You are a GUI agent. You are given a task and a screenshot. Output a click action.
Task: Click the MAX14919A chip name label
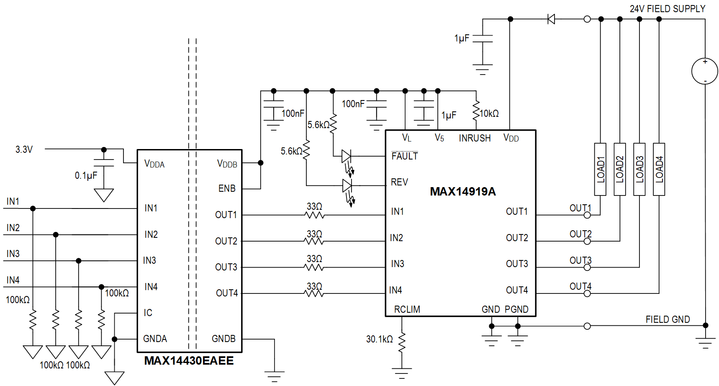[x=462, y=192]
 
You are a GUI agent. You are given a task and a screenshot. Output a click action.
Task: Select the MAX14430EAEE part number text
[x=189, y=361]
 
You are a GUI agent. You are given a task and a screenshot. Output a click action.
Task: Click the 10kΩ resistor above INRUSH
[x=476, y=111]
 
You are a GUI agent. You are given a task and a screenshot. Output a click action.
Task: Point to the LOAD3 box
[x=639, y=169]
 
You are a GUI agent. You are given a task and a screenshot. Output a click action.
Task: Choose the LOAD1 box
[x=600, y=169]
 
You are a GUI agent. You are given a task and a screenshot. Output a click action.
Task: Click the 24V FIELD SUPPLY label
[x=667, y=9]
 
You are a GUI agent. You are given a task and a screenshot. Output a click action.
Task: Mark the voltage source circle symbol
[x=705, y=71]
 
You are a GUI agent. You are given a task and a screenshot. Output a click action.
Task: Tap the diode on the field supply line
[x=551, y=19]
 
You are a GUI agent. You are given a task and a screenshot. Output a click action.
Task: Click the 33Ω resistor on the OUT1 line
[x=315, y=215]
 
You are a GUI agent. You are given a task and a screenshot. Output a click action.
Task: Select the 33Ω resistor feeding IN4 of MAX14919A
[x=315, y=293]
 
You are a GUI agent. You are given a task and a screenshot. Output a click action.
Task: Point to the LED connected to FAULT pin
[x=346, y=157]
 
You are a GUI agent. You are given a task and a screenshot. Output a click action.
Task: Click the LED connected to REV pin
[x=347, y=185]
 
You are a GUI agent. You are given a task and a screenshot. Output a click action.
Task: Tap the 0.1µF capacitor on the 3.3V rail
[x=104, y=163]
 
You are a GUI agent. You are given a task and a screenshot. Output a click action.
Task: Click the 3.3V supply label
[x=24, y=149]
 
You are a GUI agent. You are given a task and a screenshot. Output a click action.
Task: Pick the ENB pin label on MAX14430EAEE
[x=227, y=189]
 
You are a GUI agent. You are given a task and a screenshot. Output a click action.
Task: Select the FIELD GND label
[x=667, y=319]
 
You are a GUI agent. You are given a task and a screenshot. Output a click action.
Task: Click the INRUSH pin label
[x=475, y=138]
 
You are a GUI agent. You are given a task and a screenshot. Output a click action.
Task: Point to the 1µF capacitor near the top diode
[x=483, y=39]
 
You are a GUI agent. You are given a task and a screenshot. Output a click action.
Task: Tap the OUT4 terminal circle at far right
[x=587, y=293]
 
